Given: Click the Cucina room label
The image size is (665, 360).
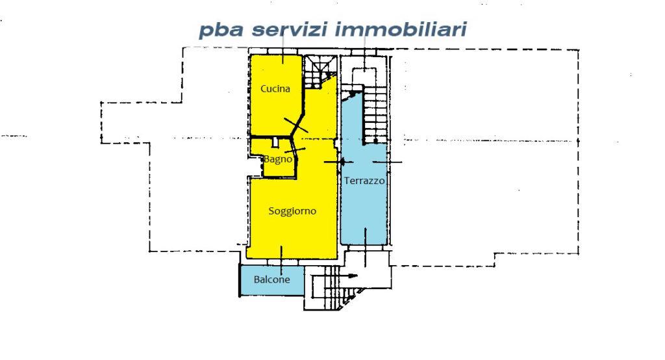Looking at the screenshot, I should pyautogui.click(x=275, y=89).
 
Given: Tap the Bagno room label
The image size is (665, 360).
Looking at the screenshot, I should pyautogui.click(x=277, y=159).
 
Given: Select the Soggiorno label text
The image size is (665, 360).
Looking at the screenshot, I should pyautogui.click(x=292, y=211).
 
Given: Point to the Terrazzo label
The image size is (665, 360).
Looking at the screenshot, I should pyautogui.click(x=365, y=181).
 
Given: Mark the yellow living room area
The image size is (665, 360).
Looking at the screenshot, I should pyautogui.click(x=292, y=227).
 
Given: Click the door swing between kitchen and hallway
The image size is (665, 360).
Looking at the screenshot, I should pyautogui.click(x=295, y=125).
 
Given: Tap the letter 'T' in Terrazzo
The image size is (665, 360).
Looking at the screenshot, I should pyautogui.click(x=347, y=181).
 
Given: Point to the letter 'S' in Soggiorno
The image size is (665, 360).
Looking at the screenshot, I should pyautogui.click(x=271, y=211).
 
